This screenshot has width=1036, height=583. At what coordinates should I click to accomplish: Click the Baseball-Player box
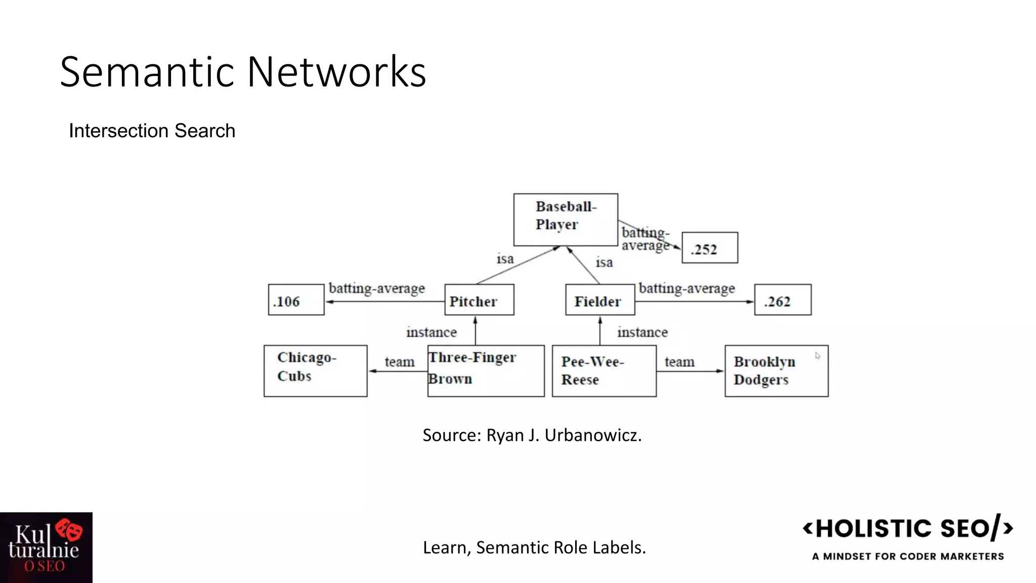(x=566, y=220)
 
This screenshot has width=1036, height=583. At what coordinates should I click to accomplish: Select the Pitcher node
(x=479, y=300)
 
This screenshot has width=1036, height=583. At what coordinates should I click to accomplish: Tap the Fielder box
(x=600, y=300)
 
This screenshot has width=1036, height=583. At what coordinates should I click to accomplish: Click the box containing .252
(x=710, y=248)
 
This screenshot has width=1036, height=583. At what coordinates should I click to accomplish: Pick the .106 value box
(x=296, y=300)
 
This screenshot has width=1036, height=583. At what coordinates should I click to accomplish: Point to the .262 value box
(x=783, y=300)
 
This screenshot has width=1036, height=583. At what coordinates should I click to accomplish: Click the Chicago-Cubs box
(x=315, y=371)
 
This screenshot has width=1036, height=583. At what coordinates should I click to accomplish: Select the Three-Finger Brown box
(x=486, y=371)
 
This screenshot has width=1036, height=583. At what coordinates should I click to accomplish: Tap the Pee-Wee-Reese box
(x=604, y=371)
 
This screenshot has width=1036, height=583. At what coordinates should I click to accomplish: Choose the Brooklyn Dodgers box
(x=776, y=371)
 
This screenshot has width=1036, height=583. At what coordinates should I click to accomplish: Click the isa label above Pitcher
(x=505, y=259)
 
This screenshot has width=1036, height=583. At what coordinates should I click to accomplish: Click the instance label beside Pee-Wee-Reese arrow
(x=642, y=332)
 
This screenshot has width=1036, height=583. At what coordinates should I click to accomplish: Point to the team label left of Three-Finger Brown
(x=399, y=362)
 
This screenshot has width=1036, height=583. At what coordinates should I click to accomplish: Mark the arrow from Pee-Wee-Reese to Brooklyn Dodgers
(x=690, y=371)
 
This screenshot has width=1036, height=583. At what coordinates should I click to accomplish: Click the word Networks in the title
(x=336, y=72)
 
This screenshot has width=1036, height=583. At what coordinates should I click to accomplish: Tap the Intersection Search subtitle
(x=152, y=131)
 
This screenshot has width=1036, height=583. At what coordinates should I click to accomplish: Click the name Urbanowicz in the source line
(x=593, y=435)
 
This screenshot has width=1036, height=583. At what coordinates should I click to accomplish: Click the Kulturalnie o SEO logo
(x=46, y=548)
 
